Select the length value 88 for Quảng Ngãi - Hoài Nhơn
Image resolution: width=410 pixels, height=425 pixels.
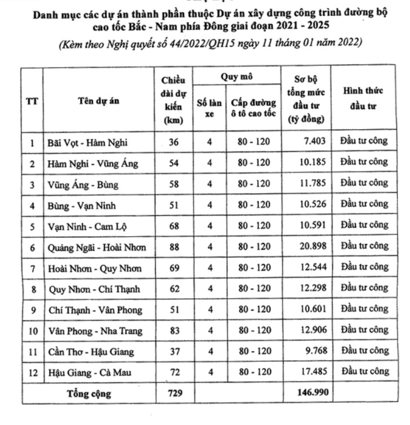tap(174, 246)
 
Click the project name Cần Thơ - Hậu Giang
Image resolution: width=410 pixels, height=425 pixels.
tap(90, 352)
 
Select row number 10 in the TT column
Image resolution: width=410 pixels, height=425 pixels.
tap(32, 331)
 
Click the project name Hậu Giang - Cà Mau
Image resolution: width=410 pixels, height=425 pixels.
tap(90, 372)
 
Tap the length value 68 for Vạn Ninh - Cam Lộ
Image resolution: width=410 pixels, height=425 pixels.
tap(174, 225)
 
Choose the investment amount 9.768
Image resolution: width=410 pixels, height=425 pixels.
tap(315, 351)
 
